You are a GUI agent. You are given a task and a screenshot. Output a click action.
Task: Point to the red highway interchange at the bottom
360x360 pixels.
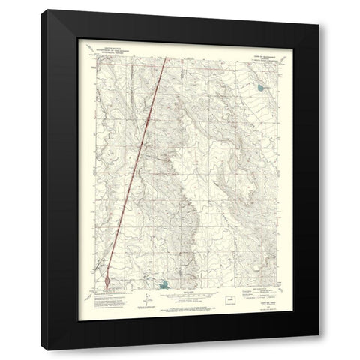click(109, 281)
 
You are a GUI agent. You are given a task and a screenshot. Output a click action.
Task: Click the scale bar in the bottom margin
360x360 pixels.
click(180, 294)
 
